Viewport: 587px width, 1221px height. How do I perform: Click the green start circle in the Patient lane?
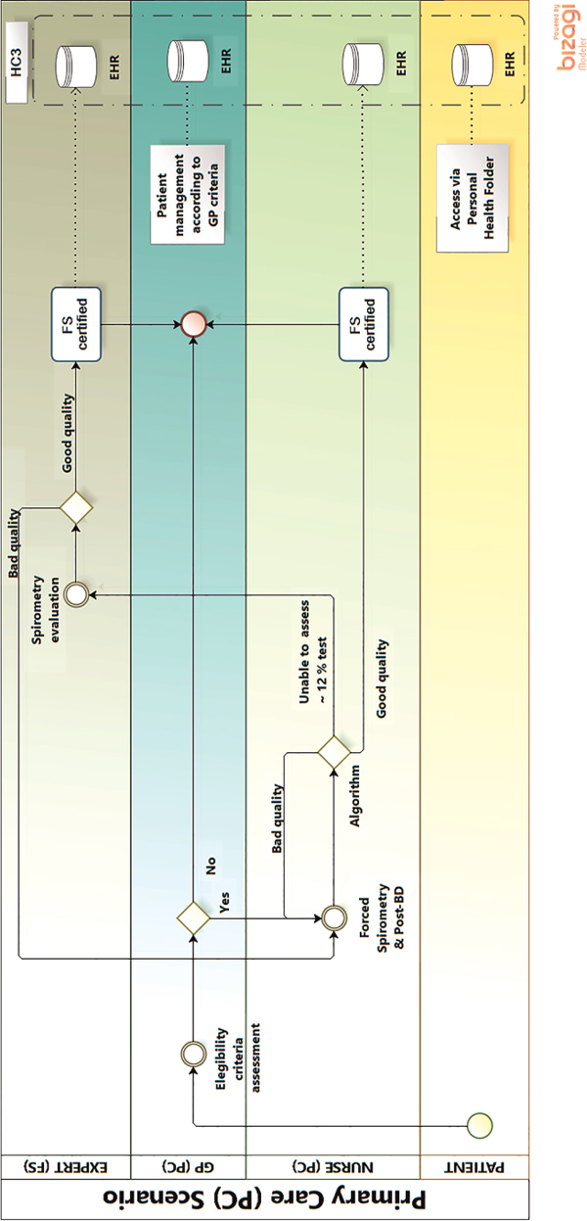click(x=479, y=1125)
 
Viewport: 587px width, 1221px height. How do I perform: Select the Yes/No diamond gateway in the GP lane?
click(x=193, y=917)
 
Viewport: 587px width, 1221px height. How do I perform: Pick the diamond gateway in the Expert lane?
click(x=75, y=507)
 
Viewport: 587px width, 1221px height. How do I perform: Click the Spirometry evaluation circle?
click(x=75, y=593)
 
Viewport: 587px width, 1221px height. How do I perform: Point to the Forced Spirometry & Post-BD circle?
click(x=334, y=917)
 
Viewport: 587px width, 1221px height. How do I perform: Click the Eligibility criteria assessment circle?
click(x=193, y=1054)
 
